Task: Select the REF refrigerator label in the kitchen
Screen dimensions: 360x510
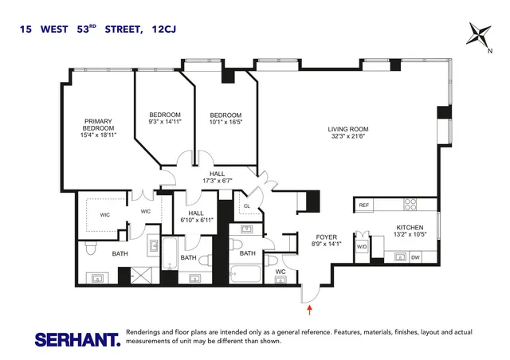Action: (364, 205)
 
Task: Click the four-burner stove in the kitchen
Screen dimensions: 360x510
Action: (413, 204)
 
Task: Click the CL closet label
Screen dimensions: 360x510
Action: (247, 206)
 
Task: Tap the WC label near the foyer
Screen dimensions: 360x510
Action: (280, 272)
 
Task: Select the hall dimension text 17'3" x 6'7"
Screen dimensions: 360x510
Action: (217, 182)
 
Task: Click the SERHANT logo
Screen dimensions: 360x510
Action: (77, 338)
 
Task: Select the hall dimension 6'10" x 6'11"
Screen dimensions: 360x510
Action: (194, 221)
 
